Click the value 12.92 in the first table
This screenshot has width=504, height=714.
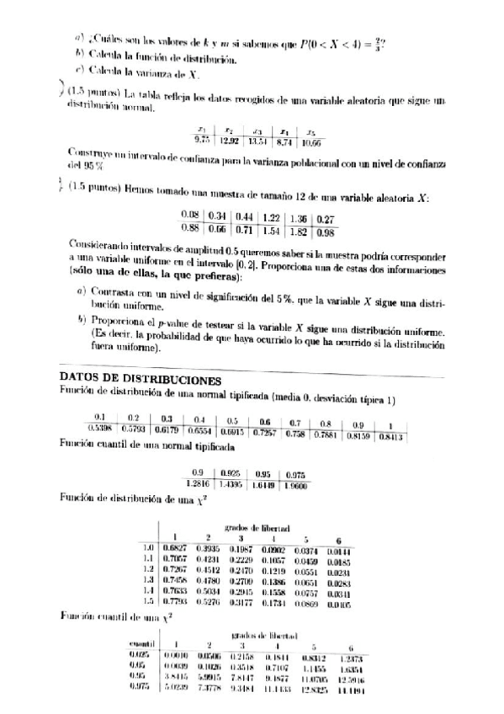[x=230, y=140]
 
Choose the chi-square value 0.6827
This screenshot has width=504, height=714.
[x=173, y=549]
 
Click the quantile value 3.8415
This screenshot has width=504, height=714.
[x=175, y=677]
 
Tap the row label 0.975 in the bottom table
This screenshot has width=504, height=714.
[x=140, y=690]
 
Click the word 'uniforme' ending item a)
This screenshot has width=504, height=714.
[x=114, y=308]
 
